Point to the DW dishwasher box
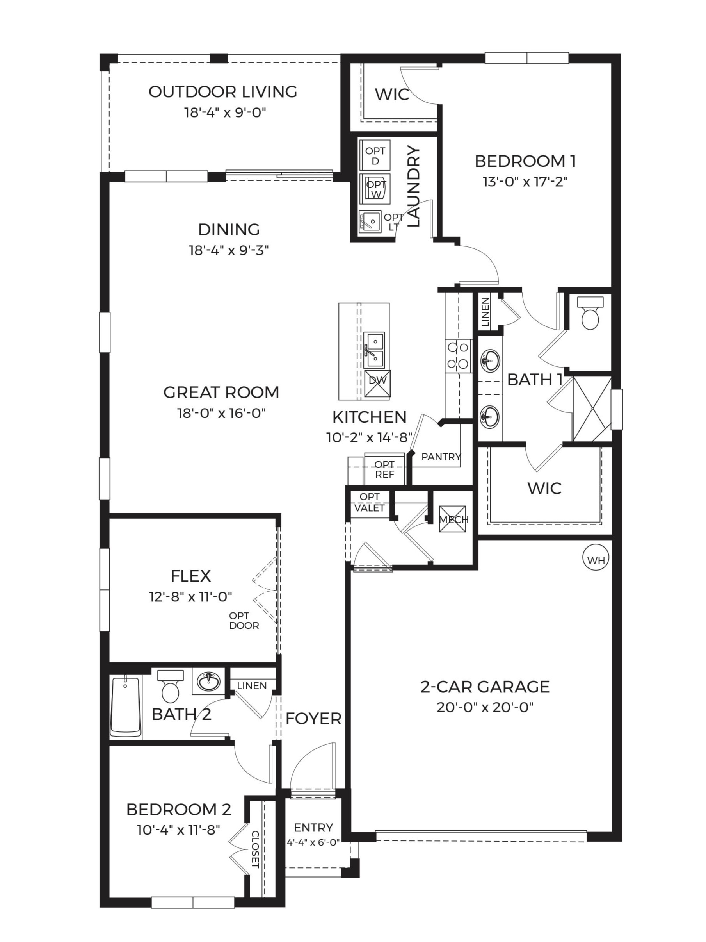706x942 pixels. click(x=377, y=383)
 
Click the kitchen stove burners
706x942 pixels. click(x=457, y=355)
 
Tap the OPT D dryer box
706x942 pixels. click(x=375, y=156)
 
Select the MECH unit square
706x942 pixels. click(x=452, y=519)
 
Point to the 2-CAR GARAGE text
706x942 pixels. click(x=485, y=687)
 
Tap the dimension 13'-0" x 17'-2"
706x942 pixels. click(x=525, y=182)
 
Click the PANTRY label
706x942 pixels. click(x=441, y=457)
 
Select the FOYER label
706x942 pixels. click(x=313, y=719)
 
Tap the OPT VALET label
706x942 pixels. click(x=369, y=502)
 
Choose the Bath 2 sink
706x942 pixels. click(x=208, y=682)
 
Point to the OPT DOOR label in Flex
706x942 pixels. click(x=244, y=621)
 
